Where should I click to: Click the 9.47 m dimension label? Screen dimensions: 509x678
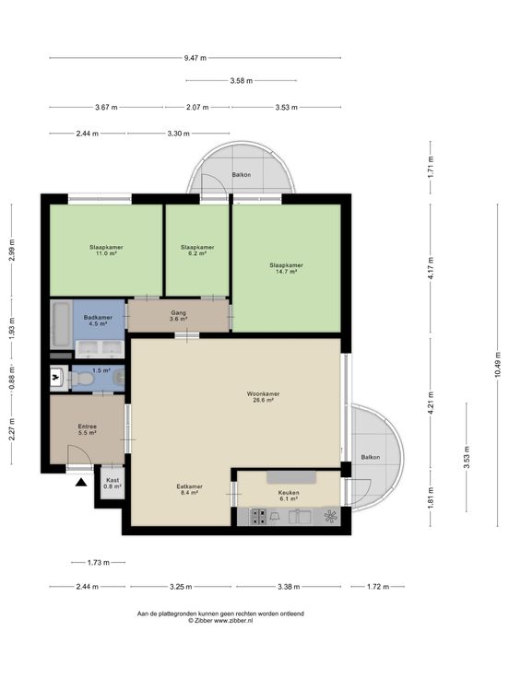click(195, 57)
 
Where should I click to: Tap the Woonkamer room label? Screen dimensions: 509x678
click(263, 394)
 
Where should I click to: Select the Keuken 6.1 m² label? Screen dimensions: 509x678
click(289, 496)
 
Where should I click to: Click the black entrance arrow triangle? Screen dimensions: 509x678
click(81, 483)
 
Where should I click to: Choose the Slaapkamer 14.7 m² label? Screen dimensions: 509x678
click(286, 268)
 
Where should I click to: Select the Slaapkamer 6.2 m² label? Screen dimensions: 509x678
click(197, 251)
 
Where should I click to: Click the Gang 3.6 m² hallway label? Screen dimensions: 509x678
click(178, 316)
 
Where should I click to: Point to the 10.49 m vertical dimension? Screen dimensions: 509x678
click(498, 364)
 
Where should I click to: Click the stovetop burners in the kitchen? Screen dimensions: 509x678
click(259, 516)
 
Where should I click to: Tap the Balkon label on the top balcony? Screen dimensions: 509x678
click(241, 175)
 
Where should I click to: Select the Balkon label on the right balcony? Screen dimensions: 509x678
click(371, 457)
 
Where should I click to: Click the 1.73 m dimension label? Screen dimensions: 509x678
click(99, 563)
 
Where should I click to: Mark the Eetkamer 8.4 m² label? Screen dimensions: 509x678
click(190, 489)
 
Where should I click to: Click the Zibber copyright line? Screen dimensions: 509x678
click(220, 621)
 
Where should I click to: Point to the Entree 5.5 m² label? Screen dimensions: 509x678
click(88, 429)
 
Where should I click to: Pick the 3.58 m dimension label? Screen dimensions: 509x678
click(241, 80)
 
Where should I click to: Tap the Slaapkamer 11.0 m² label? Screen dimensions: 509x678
click(106, 251)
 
